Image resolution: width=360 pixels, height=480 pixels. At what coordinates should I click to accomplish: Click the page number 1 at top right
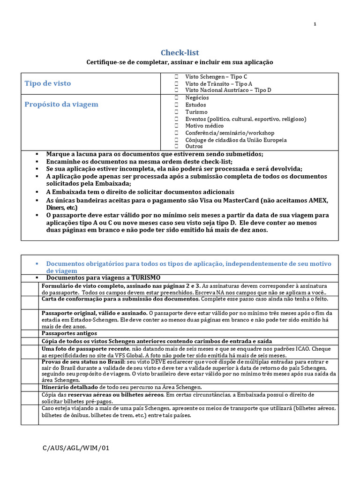click(315, 24)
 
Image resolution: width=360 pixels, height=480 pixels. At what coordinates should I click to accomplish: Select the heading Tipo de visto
click(48, 83)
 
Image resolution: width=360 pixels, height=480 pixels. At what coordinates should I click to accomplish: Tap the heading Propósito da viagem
click(61, 104)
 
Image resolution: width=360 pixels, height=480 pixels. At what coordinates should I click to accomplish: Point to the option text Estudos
click(195, 105)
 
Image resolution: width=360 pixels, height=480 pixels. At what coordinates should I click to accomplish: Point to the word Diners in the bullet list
click(56, 207)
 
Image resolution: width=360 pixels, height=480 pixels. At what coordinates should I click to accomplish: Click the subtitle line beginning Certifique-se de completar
click(180, 62)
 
